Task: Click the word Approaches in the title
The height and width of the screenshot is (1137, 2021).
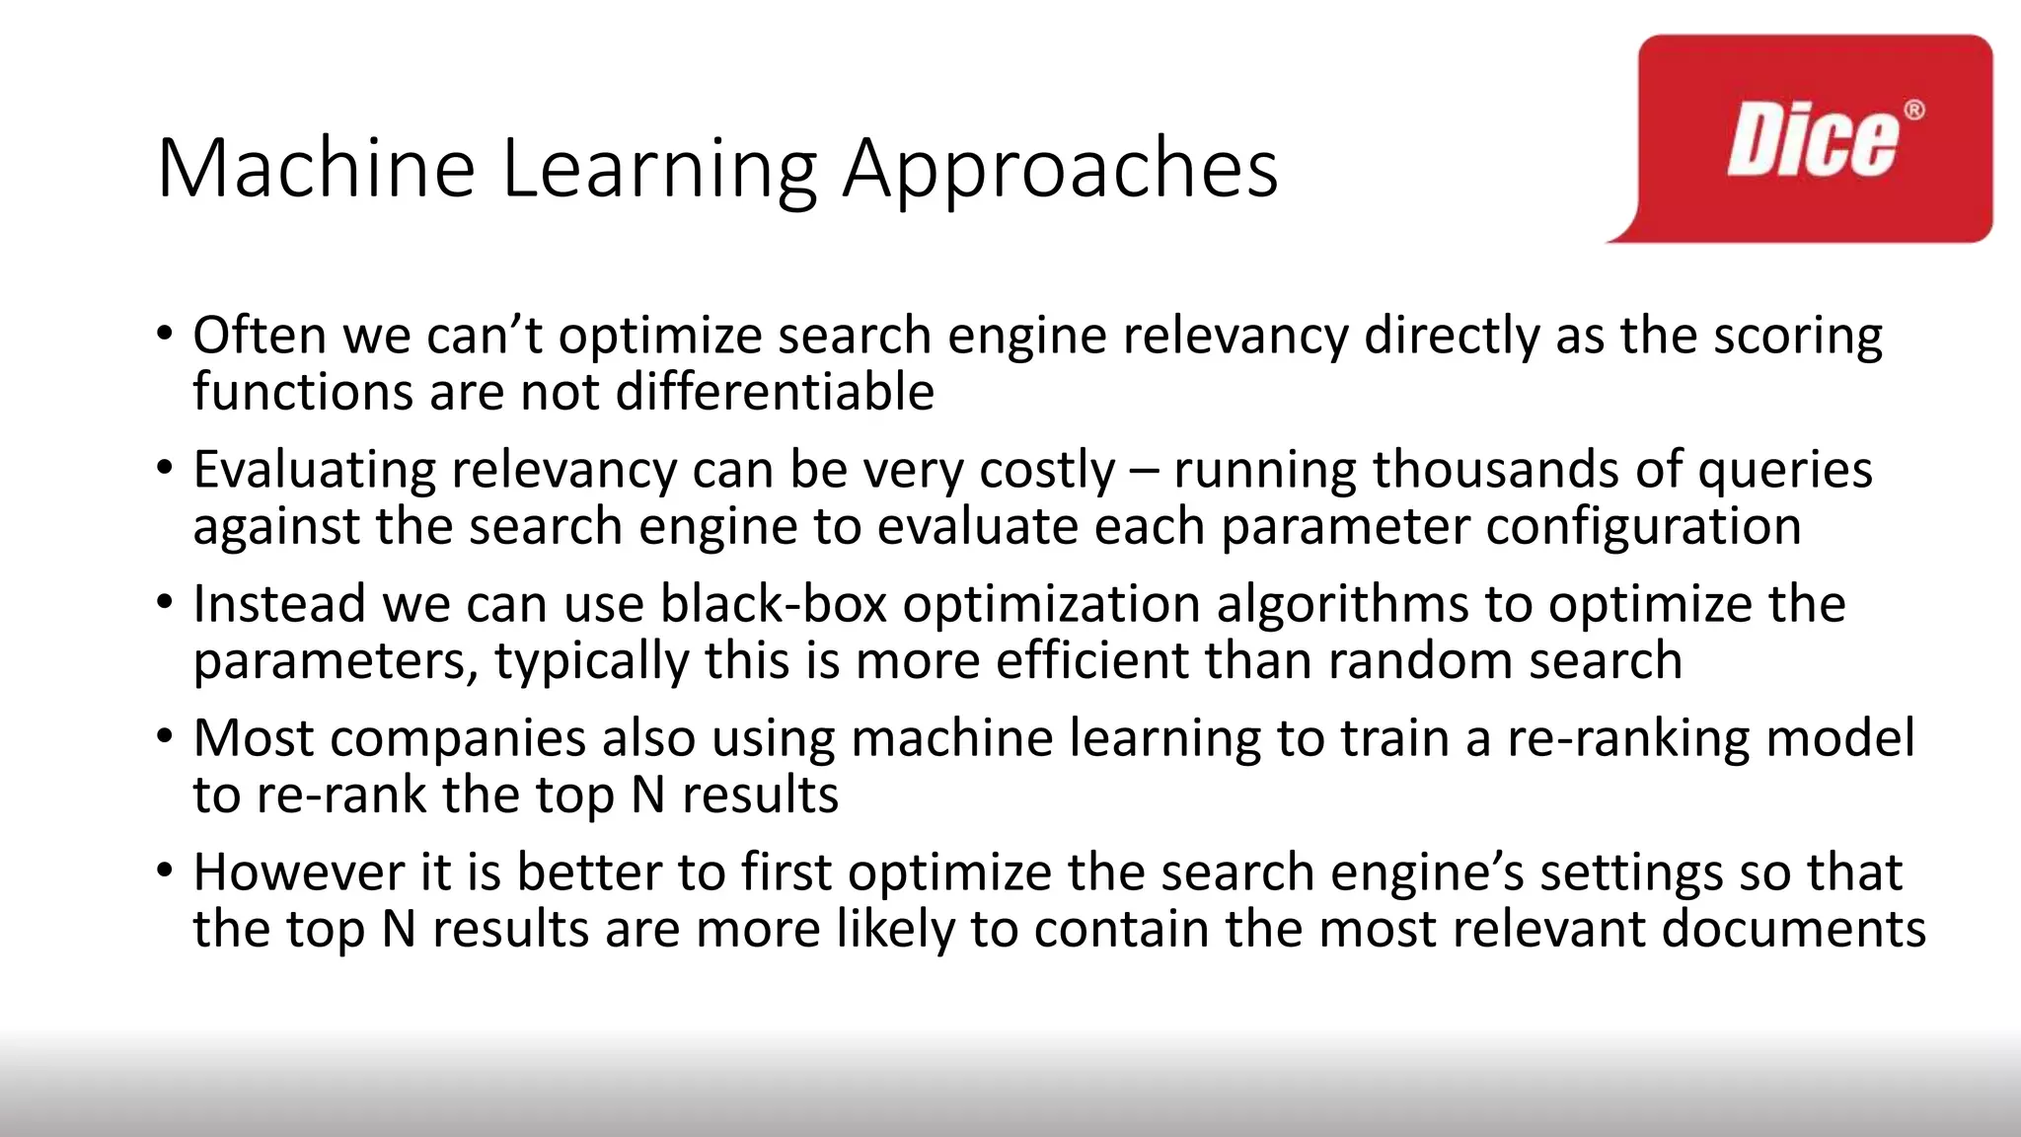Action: coord(1060,170)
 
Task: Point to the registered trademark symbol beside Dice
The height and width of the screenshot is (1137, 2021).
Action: coord(1913,110)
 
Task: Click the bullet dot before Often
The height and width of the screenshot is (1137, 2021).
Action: coord(165,332)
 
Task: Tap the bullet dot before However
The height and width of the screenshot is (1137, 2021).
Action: coord(165,870)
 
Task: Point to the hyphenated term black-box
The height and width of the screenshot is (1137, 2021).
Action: coord(774,603)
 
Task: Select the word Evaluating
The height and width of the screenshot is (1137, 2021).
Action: coord(314,470)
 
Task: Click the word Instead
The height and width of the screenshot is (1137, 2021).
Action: coord(279,603)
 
